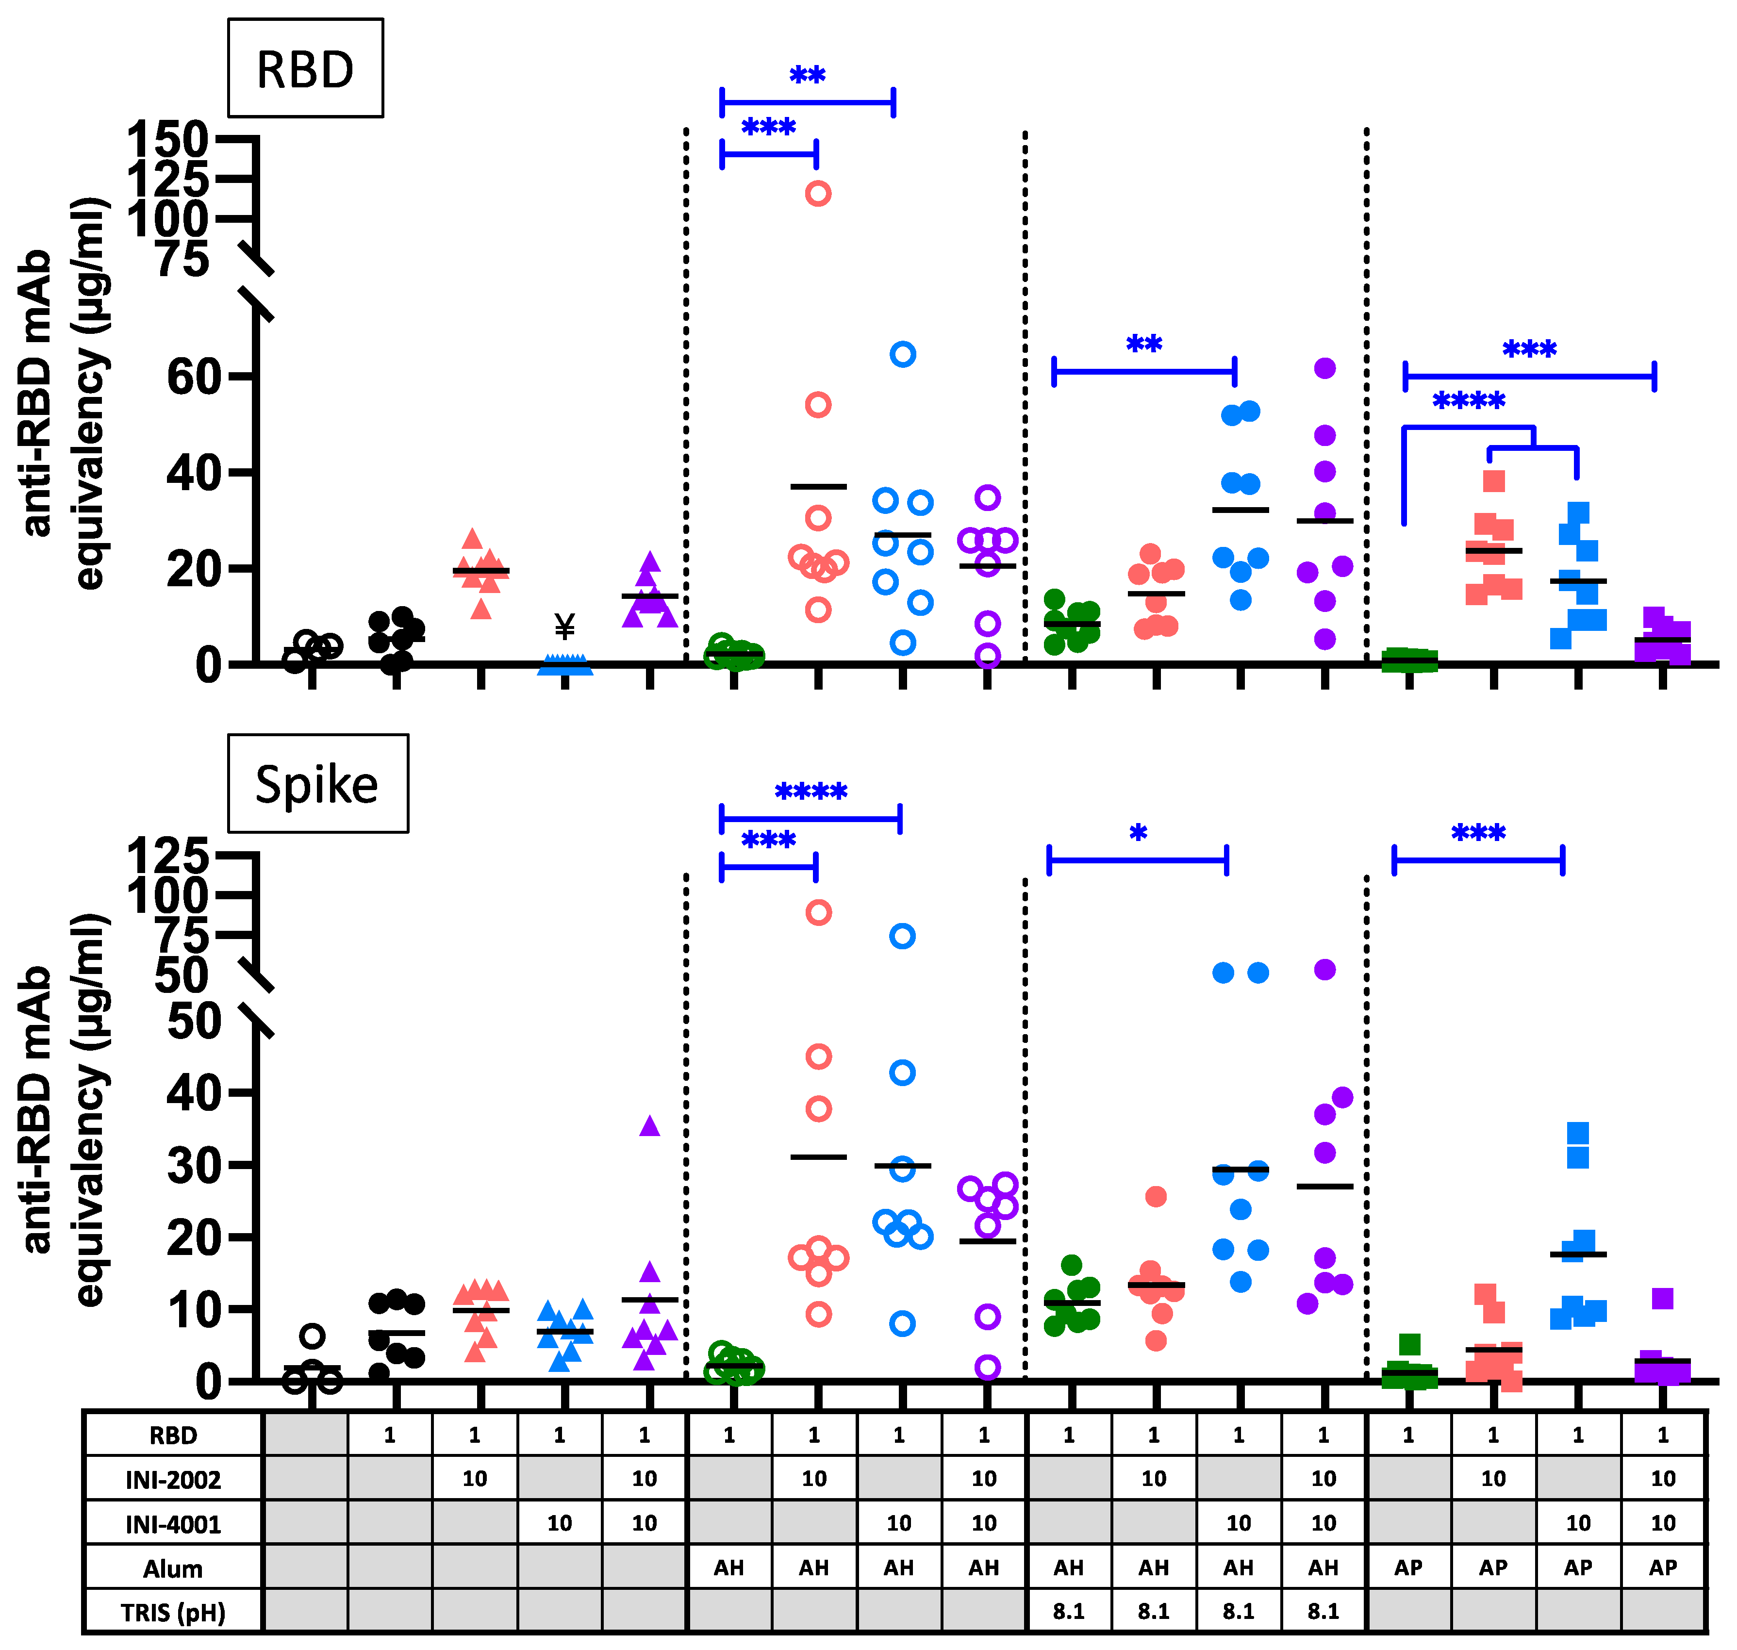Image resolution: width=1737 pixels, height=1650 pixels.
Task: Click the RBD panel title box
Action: click(305, 68)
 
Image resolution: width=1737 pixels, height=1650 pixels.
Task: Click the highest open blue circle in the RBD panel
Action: click(902, 354)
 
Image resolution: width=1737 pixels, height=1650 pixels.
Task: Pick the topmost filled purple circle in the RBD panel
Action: click(1324, 368)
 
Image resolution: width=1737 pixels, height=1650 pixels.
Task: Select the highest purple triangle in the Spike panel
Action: click(649, 1126)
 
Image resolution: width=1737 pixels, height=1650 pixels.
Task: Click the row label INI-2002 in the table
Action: click(173, 1480)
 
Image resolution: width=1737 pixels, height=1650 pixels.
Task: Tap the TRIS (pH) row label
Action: click(173, 1613)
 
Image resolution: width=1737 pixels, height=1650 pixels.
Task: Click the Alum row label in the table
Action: click(173, 1569)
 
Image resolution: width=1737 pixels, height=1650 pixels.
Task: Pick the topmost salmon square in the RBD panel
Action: click(1493, 481)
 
